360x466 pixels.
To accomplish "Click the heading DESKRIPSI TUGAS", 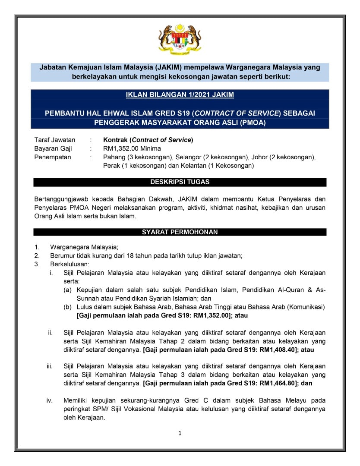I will click(x=180, y=182).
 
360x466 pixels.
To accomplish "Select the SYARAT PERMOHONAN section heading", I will click(x=180, y=232).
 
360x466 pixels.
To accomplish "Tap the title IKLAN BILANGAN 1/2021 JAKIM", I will click(x=180, y=95).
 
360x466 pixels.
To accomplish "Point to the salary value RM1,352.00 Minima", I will click(x=132, y=148).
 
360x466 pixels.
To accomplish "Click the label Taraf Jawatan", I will click(x=55, y=140).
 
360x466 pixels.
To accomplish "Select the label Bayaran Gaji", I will click(x=53, y=148).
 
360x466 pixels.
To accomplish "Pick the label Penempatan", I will click(x=53, y=157).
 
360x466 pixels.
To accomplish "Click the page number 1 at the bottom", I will click(x=180, y=433).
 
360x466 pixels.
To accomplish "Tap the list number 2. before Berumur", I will click(x=37, y=255).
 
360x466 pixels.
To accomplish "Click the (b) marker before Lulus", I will click(x=68, y=307).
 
